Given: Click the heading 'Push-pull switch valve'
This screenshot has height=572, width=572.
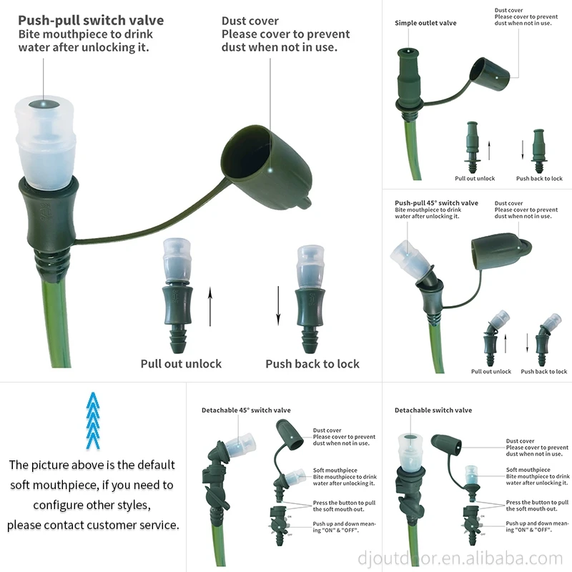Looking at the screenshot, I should [x=91, y=21].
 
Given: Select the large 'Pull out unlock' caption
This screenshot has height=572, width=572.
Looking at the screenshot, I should [x=181, y=364].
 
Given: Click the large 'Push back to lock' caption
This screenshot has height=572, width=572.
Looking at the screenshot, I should [x=312, y=364].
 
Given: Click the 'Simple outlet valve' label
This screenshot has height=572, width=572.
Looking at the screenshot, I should [x=425, y=23].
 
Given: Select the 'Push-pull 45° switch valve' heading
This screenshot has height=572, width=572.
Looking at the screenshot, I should [x=436, y=203].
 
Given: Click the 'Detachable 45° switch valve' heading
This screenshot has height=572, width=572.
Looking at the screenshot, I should [x=246, y=410].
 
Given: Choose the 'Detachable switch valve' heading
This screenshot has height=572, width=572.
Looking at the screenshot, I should [x=433, y=410].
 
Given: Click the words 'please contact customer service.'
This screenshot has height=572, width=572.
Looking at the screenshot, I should [x=93, y=525].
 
